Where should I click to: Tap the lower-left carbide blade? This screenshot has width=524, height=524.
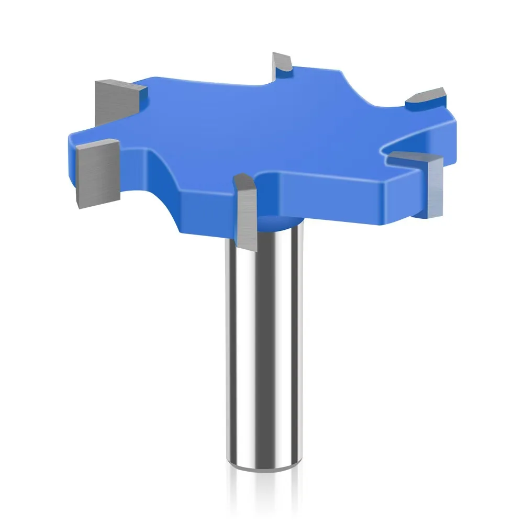pos(94,173)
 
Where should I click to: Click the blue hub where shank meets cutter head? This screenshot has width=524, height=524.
pos(277,222)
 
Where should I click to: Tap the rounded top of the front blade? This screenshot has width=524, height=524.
pos(244,181)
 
